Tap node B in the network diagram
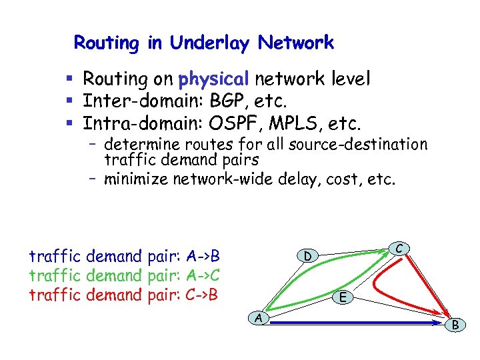click(456, 325)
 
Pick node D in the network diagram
click(307, 256)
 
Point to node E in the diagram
click(342, 297)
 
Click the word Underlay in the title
click(209, 43)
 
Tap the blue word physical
click(213, 79)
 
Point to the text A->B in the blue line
click(205, 256)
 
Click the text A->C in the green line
click(205, 275)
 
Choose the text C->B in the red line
click(204, 295)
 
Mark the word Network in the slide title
click(296, 43)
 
